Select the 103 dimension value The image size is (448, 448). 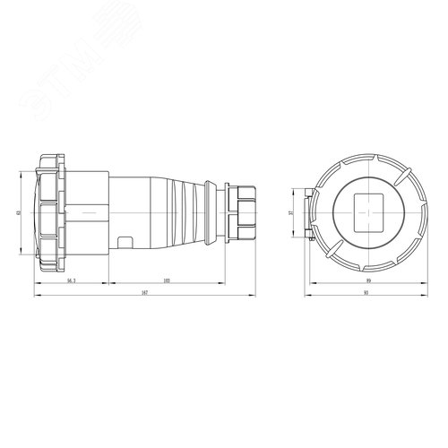[167, 280]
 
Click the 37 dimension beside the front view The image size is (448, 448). [302, 212]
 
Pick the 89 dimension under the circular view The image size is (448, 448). [367, 280]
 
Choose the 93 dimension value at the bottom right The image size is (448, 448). [366, 294]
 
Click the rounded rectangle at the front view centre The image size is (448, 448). [366, 212]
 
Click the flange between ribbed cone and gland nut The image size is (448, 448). [212, 212]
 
